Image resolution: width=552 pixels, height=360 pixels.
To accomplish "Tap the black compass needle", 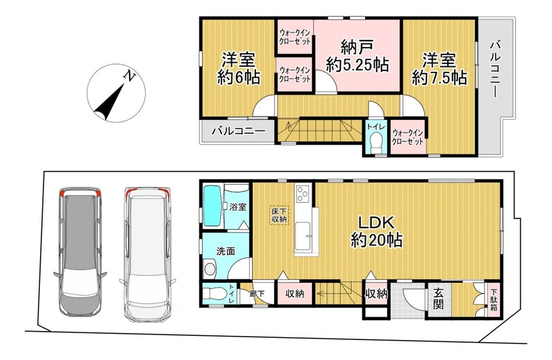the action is (110, 102).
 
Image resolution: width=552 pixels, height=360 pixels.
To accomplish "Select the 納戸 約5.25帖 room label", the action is (357, 56).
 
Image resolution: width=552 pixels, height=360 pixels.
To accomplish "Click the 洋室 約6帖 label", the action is (238, 69).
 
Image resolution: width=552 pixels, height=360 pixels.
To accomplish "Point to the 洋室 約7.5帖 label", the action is (440, 69).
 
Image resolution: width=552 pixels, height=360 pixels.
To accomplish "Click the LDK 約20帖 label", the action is (376, 232).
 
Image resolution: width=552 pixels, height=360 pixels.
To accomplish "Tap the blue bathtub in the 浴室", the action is (213, 206).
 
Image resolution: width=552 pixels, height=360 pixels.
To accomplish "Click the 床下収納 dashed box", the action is (279, 215).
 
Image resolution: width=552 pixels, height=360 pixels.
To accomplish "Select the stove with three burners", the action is (302, 194).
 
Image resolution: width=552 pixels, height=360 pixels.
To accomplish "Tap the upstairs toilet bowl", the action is (377, 141).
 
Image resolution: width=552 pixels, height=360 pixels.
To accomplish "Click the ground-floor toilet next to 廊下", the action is (214, 294).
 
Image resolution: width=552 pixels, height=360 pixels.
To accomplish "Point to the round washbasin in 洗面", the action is (210, 269).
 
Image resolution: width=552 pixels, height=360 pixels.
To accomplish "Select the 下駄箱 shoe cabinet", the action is (493, 299).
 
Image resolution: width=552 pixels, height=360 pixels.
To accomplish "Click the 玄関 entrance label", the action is (438, 299).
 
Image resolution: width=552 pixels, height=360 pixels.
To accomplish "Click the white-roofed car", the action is (148, 254).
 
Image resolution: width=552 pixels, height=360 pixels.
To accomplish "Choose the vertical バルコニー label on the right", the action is (495, 70).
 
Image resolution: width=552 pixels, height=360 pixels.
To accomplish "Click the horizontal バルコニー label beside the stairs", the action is (238, 132).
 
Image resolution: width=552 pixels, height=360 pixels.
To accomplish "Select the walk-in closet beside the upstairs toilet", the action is (407, 137).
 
